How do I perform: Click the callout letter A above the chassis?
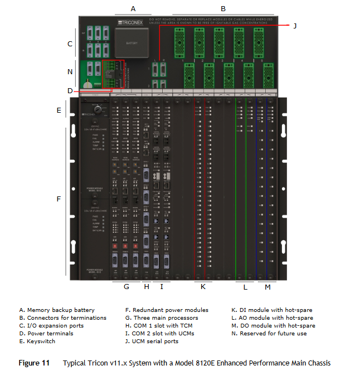(133, 8)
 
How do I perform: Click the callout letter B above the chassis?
(223, 8)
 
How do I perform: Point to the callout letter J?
(295, 26)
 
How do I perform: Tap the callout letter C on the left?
(70, 43)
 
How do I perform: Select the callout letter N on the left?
(70, 71)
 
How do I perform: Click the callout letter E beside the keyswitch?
(59, 110)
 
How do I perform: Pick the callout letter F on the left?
(59, 199)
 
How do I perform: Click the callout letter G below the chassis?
(127, 287)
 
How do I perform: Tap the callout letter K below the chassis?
(203, 287)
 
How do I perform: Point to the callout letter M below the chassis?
(267, 287)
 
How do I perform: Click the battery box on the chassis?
(132, 42)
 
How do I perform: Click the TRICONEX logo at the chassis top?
(132, 22)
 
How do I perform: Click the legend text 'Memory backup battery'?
(60, 310)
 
